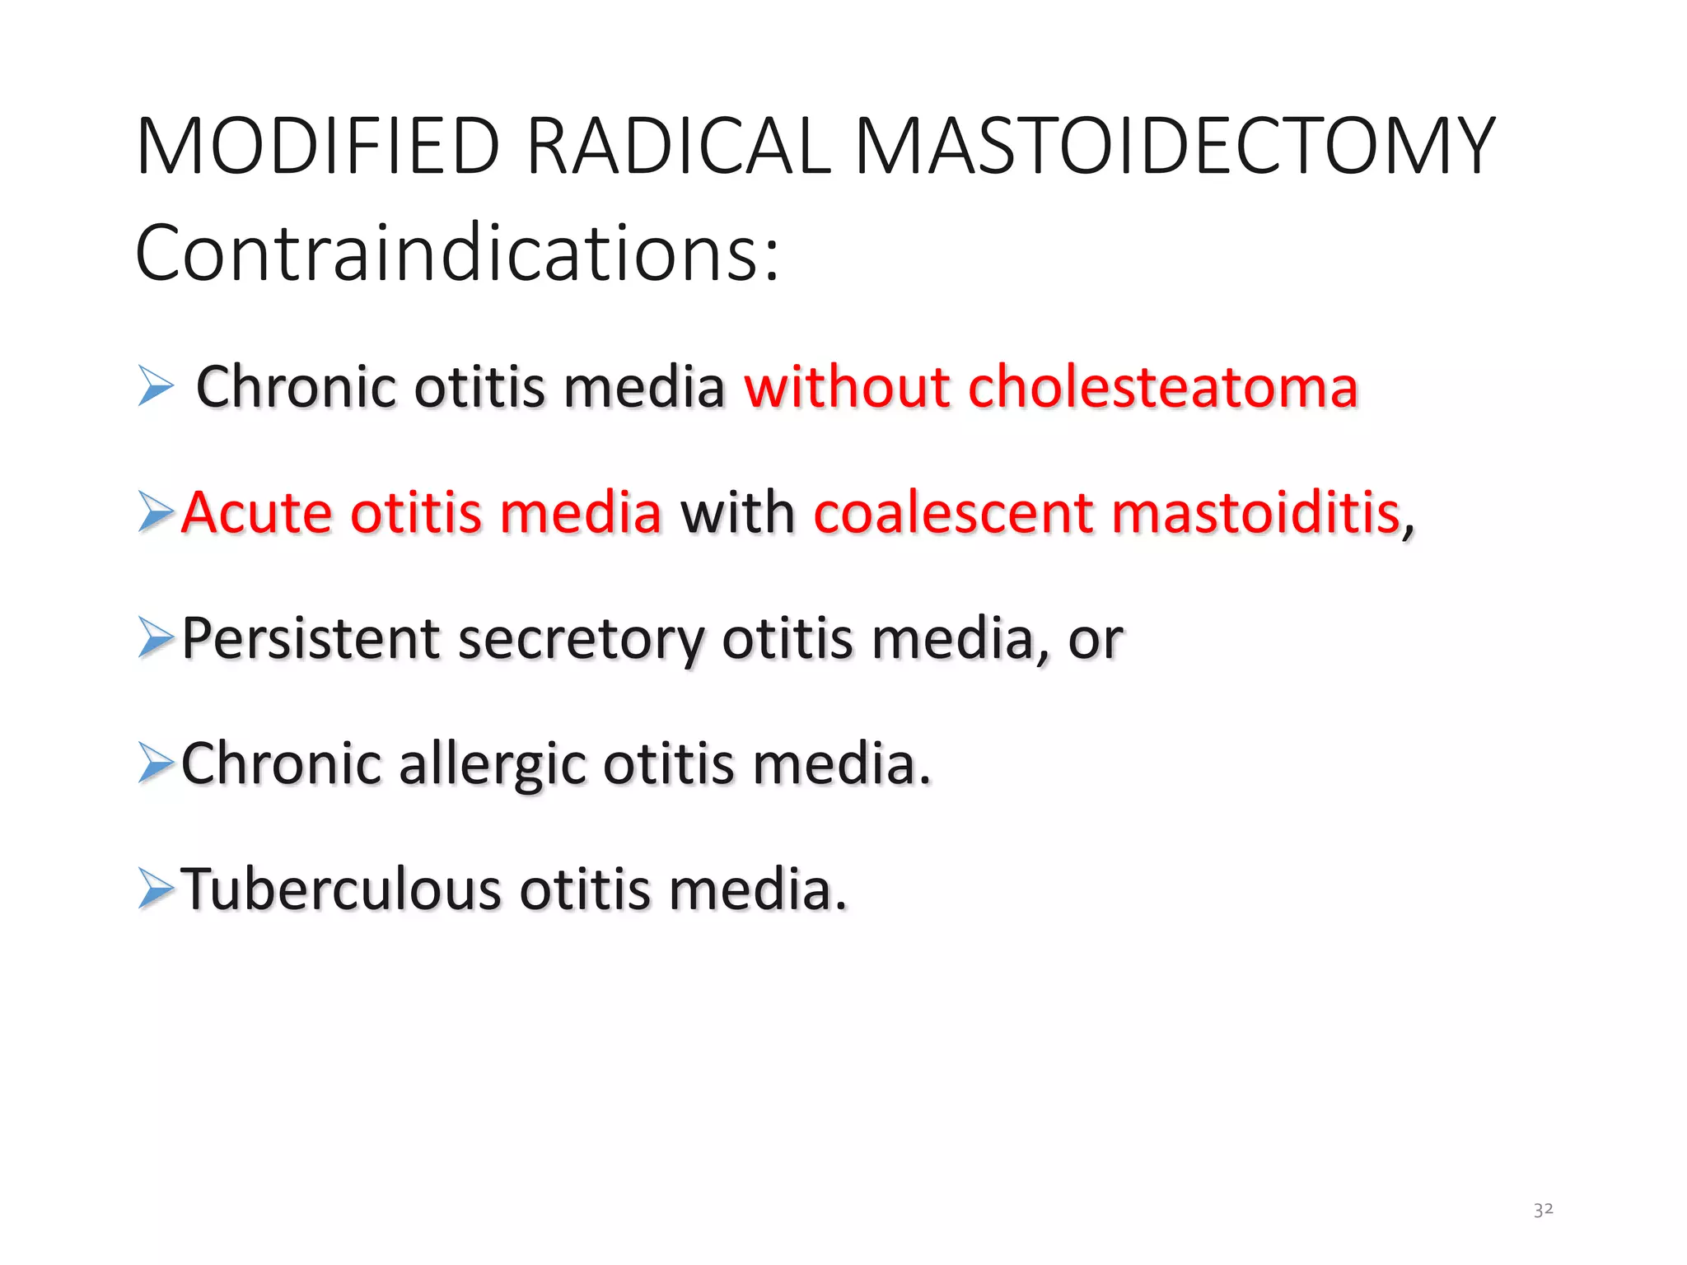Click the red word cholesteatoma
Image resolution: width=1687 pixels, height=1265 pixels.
(x=1162, y=386)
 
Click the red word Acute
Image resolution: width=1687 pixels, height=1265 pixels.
(x=256, y=512)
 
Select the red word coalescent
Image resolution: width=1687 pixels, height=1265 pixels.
(x=952, y=512)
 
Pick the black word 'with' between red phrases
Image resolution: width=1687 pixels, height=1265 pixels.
(x=737, y=512)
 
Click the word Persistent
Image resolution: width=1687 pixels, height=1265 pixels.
(x=311, y=638)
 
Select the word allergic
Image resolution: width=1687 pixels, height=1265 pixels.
(x=492, y=765)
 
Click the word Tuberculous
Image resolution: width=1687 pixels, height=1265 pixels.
(x=341, y=889)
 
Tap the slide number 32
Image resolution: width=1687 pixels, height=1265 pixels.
(x=1543, y=1209)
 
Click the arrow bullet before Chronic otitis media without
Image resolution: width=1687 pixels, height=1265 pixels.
(x=156, y=386)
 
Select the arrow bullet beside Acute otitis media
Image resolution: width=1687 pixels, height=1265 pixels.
(x=156, y=511)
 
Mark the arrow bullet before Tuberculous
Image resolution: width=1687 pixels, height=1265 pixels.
(x=156, y=889)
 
